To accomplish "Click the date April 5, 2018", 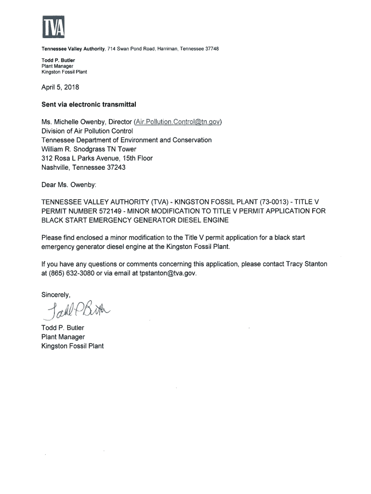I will pyautogui.click(x=60, y=88).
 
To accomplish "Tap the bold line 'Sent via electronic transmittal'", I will pyautogui.click(x=89, y=104).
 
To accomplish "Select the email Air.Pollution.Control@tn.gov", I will pyautogui.click(x=178, y=121).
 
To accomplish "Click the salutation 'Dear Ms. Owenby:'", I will pyautogui.click(x=68, y=184).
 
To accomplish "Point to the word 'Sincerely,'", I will pyautogui.click(x=56, y=294).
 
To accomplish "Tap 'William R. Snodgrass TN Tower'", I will pyautogui.click(x=89, y=149).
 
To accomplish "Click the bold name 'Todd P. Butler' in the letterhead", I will pyautogui.click(x=58, y=60).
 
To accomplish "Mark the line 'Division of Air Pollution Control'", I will pyautogui.click(x=87, y=130).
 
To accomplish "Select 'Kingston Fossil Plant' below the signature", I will pyautogui.click(x=72, y=346).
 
